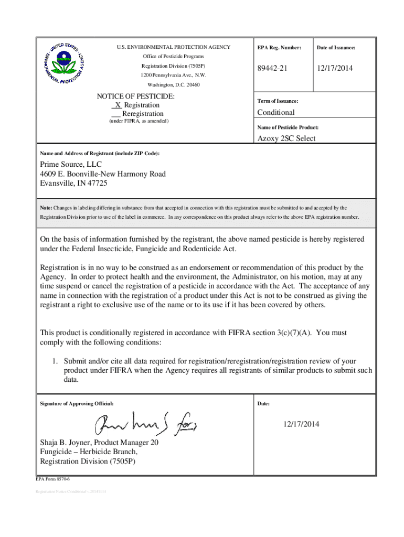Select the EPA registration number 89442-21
(272, 69)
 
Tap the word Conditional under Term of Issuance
(275, 112)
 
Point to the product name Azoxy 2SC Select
(286, 138)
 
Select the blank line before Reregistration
(116, 114)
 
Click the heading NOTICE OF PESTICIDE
(136, 96)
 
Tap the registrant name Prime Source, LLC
(71, 165)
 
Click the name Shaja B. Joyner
(65, 442)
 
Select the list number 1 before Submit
(54, 361)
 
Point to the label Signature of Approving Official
(77, 404)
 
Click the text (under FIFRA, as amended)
(139, 121)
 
